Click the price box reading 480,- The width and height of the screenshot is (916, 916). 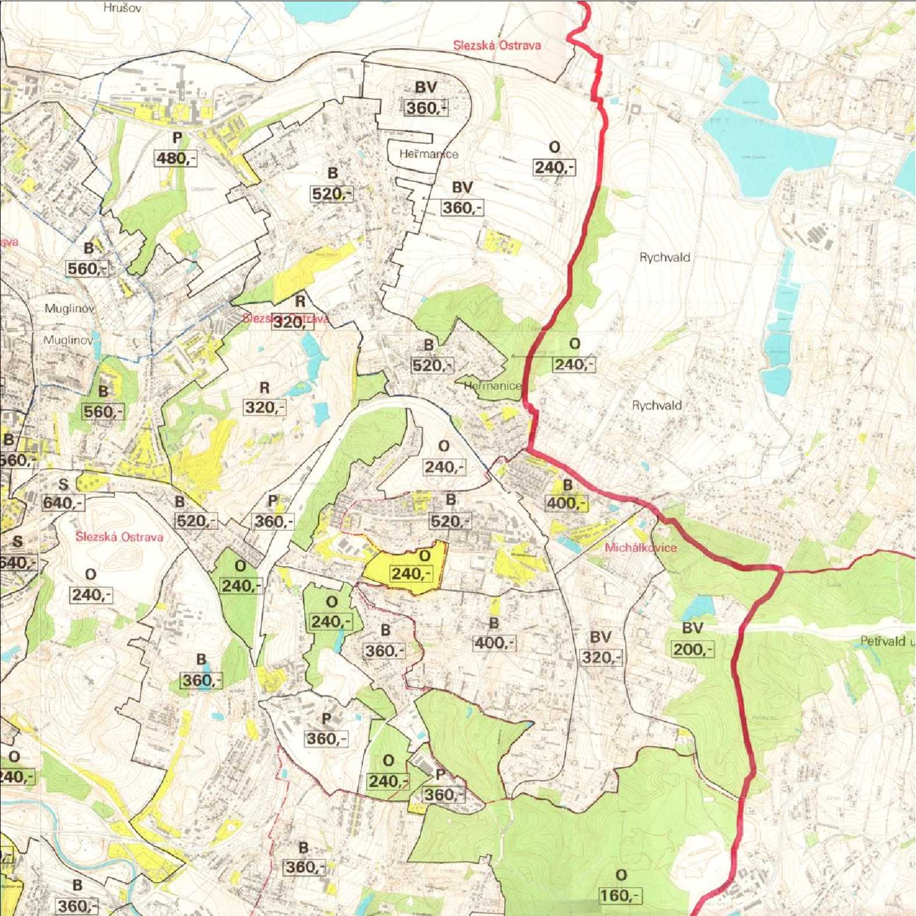pyautogui.click(x=175, y=158)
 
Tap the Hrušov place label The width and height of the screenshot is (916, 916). pyautogui.click(x=122, y=8)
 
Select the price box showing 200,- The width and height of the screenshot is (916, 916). pyautogui.click(x=692, y=649)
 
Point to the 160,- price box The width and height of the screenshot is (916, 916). pyautogui.click(x=620, y=895)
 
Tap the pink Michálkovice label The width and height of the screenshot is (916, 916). pyautogui.click(x=640, y=547)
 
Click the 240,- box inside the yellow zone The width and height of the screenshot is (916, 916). pyautogui.click(x=411, y=574)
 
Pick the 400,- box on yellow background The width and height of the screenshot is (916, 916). pyautogui.click(x=566, y=502)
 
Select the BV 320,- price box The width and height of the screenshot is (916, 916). pyautogui.click(x=601, y=657)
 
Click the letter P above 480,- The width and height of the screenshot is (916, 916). pyautogui.click(x=177, y=138)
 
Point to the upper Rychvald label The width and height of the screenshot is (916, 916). pyautogui.click(x=665, y=257)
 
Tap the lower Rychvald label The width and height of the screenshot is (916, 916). pyautogui.click(x=657, y=405)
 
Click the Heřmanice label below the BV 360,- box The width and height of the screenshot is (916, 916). pyautogui.click(x=429, y=154)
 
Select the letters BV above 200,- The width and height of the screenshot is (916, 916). pyautogui.click(x=692, y=628)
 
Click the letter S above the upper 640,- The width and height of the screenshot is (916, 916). pyautogui.click(x=63, y=484)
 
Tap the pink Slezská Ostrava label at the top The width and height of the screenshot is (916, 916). pyautogui.click(x=497, y=45)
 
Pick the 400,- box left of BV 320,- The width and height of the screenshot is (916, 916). pyautogui.click(x=494, y=643)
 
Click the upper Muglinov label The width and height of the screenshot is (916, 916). pyautogui.click(x=69, y=308)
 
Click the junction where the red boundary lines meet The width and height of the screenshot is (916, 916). pyautogui.click(x=779, y=569)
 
